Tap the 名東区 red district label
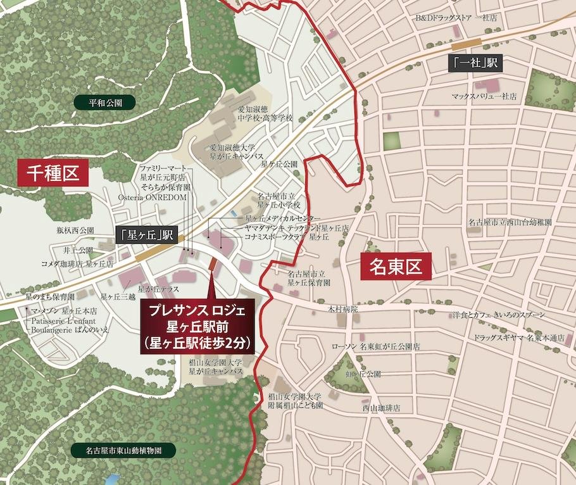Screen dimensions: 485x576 tap(396, 267)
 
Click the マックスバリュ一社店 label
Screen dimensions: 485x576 tap(484, 97)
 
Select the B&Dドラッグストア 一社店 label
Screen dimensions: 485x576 tap(456, 18)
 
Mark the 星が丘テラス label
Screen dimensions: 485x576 tap(158, 289)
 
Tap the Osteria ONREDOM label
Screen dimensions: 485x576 tap(153, 198)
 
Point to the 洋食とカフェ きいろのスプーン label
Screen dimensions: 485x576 tap(503, 315)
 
